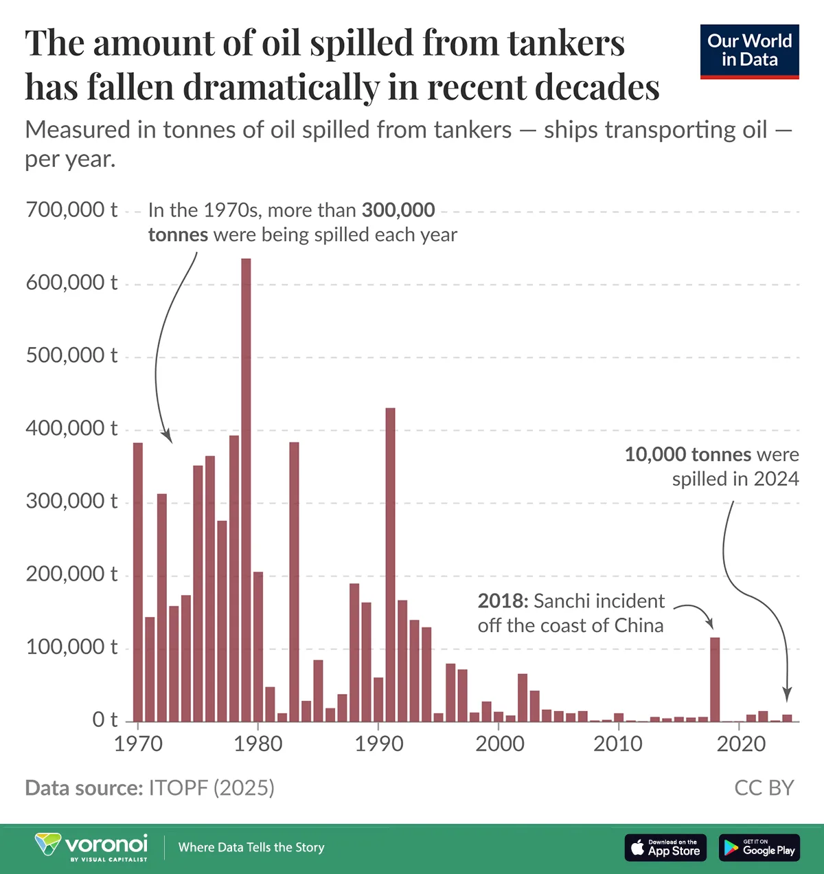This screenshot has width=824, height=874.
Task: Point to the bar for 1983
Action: pyautogui.click(x=294, y=581)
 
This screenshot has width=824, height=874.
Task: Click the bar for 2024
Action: pyautogui.click(x=787, y=718)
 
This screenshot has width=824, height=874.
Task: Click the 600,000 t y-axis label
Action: pyautogui.click(x=71, y=282)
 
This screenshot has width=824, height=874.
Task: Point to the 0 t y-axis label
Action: pyautogui.click(x=105, y=719)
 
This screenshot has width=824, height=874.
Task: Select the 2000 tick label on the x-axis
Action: pyautogui.click(x=500, y=743)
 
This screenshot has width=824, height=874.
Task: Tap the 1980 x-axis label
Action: pyautogui.click(x=258, y=743)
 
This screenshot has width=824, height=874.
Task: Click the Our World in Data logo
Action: pyautogui.click(x=749, y=52)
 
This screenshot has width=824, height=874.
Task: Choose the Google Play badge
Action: pyautogui.click(x=759, y=847)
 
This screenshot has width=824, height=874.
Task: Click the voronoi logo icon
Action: pyautogui.click(x=47, y=844)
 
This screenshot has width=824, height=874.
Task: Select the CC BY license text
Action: pyautogui.click(x=764, y=787)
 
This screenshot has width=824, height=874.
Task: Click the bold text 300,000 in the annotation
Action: pyautogui.click(x=398, y=210)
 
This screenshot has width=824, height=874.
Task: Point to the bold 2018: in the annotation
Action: pyautogui.click(x=503, y=601)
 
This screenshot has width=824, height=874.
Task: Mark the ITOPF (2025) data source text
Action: pyautogui.click(x=211, y=787)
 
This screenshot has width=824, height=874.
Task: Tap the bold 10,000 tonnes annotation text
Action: pyautogui.click(x=688, y=454)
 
